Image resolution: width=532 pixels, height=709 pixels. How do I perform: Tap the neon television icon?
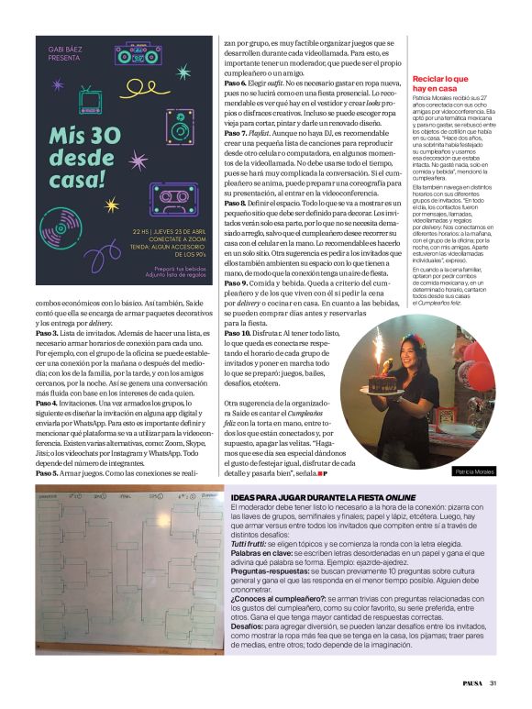[91, 99]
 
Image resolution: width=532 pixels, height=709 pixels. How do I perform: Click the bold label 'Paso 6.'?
[238, 83]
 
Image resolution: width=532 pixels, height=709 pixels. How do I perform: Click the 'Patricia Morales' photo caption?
[473, 471]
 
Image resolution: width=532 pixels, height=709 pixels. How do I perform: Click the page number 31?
[493, 682]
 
